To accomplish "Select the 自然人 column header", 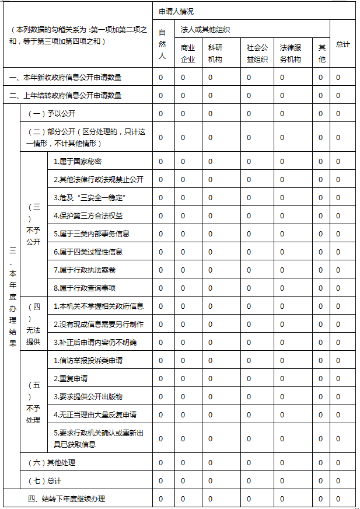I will pyautogui.click(x=162, y=44).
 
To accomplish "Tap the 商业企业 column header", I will pyautogui.click(x=188, y=53).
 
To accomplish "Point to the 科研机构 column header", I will pyautogui.click(x=215, y=53).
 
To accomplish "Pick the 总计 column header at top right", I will pyautogui.click(x=342, y=44).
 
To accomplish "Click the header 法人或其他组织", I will pyautogui.click(x=205, y=29).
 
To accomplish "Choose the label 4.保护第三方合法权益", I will pyautogui.click(x=88, y=215).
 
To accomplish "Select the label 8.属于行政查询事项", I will pyautogui.click(x=85, y=288).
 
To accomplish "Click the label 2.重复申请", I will pyautogui.click(x=71, y=378).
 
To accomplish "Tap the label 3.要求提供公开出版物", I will pyautogui.click(x=88, y=396).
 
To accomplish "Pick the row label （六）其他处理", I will pyautogui.click(x=52, y=463).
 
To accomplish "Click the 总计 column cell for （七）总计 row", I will pyautogui.click(x=338, y=482).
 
